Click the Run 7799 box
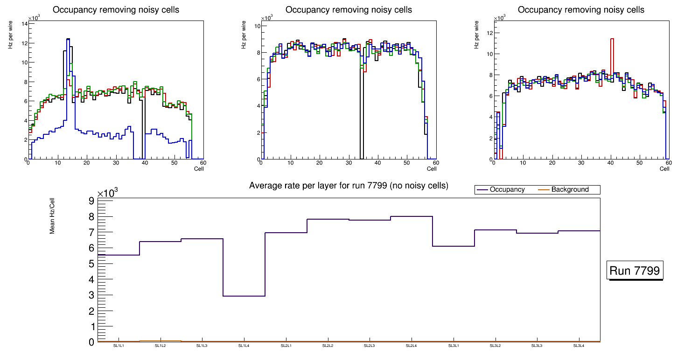click(635, 271)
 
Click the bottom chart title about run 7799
click(349, 186)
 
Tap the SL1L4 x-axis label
click(244, 346)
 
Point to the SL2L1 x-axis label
click(286, 346)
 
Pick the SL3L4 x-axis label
click(579, 346)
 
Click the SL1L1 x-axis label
click(119, 346)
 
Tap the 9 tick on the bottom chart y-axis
click(91, 201)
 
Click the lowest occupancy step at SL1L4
click(244, 296)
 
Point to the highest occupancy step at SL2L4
click(412, 216)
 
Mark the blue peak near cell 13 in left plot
click(68, 40)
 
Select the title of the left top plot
click(116, 10)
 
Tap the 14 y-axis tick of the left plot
click(23, 23)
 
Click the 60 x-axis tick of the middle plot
click(435, 163)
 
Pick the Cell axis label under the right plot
click(664, 169)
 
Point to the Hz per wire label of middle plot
click(244, 35)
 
